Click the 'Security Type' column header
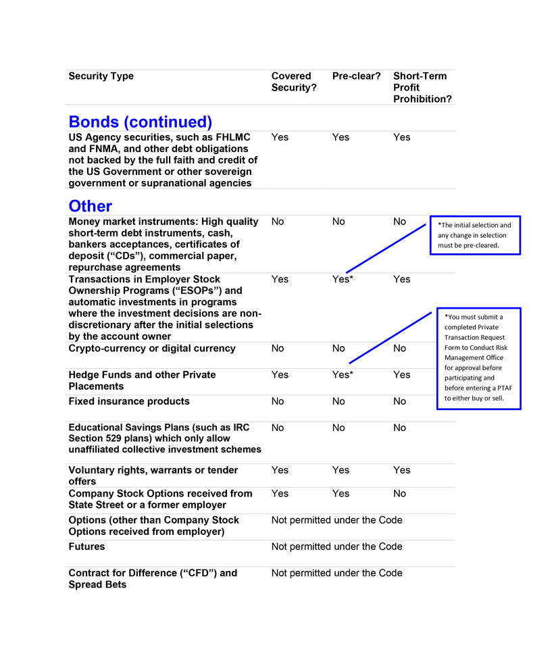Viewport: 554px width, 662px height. (101, 76)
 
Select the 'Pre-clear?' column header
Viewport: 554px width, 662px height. (356, 76)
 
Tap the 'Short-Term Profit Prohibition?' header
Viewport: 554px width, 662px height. (422, 88)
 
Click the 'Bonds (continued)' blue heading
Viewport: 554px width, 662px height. (141, 122)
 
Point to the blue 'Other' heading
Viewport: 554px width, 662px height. (91, 206)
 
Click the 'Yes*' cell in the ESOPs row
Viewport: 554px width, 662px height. (343, 279)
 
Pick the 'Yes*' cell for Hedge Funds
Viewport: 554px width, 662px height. (343, 375)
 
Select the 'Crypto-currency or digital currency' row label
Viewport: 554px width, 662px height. (152, 349)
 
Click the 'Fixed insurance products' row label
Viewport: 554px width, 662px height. (129, 401)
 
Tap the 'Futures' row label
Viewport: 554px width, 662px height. (86, 546)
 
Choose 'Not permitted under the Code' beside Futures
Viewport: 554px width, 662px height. (336, 546)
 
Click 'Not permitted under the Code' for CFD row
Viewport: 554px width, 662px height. (336, 573)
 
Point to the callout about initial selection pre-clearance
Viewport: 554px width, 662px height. (475, 235)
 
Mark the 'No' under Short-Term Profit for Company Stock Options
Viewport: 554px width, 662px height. (400, 494)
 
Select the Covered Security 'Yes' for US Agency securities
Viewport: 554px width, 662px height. (280, 137)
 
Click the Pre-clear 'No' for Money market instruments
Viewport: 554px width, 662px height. (338, 222)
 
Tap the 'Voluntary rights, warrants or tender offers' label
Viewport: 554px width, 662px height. (153, 476)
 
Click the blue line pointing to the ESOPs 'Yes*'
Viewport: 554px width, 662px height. (388, 247)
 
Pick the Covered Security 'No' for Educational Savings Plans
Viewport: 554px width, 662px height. (278, 428)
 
